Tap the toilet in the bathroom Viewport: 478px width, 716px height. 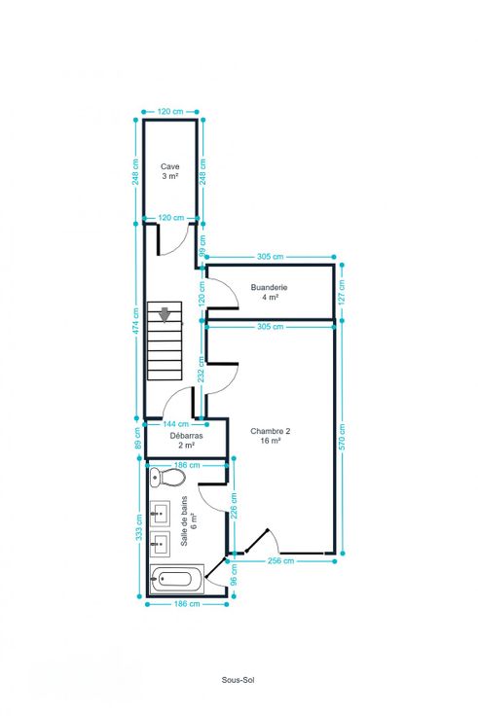click(167, 478)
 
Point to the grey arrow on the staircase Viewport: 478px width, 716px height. click(165, 314)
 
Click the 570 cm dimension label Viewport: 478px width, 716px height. click(343, 437)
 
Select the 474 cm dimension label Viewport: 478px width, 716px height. click(136, 321)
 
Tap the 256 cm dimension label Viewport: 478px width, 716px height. click(280, 560)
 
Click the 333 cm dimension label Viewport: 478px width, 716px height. click(139, 527)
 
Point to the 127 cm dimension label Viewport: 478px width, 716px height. click(343, 291)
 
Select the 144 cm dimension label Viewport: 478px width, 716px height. click(175, 424)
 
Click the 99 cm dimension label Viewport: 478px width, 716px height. click(202, 246)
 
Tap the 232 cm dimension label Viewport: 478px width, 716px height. click(202, 369)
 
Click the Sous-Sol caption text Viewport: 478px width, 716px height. click(238, 680)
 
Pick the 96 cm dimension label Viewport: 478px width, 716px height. click(234, 574)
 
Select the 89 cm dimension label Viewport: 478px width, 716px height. click(138, 439)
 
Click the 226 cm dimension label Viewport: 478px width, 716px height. click(234, 505)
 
